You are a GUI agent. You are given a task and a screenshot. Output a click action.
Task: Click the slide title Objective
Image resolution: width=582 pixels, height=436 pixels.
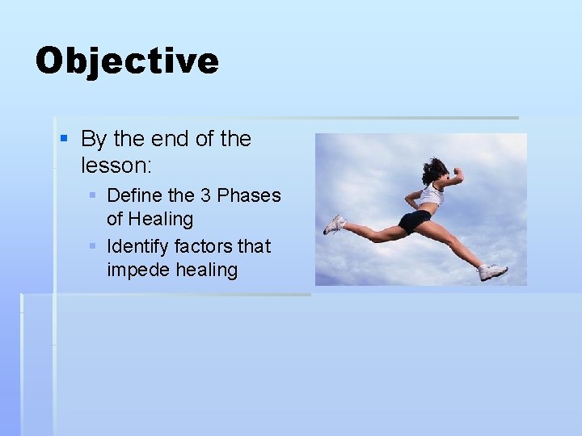click(x=127, y=61)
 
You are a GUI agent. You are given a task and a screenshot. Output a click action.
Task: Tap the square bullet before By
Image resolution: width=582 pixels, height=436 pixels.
click(x=65, y=140)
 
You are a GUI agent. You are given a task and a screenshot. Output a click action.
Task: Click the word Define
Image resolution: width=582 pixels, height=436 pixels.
click(x=134, y=195)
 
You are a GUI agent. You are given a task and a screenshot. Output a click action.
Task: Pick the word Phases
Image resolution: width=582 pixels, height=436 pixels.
click(x=249, y=195)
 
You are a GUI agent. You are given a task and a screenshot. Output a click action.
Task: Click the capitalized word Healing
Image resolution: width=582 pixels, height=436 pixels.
click(x=161, y=219)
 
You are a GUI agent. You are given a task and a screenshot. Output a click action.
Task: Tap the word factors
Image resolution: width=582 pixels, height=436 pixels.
click(x=203, y=245)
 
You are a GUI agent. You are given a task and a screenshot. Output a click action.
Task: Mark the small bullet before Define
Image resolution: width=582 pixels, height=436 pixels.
click(x=93, y=195)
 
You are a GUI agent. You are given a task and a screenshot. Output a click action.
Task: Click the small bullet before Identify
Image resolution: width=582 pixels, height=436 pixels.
click(x=93, y=245)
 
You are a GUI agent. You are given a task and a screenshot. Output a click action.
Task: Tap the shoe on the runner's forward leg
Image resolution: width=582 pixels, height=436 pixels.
click(x=492, y=272)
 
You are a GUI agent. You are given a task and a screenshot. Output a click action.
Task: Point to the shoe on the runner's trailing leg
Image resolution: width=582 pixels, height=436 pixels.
click(x=334, y=224)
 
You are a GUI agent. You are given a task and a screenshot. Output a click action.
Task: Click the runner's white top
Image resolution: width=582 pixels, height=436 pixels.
click(x=431, y=195)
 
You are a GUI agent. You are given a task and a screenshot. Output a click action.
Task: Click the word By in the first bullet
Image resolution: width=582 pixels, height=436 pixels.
click(x=94, y=139)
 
